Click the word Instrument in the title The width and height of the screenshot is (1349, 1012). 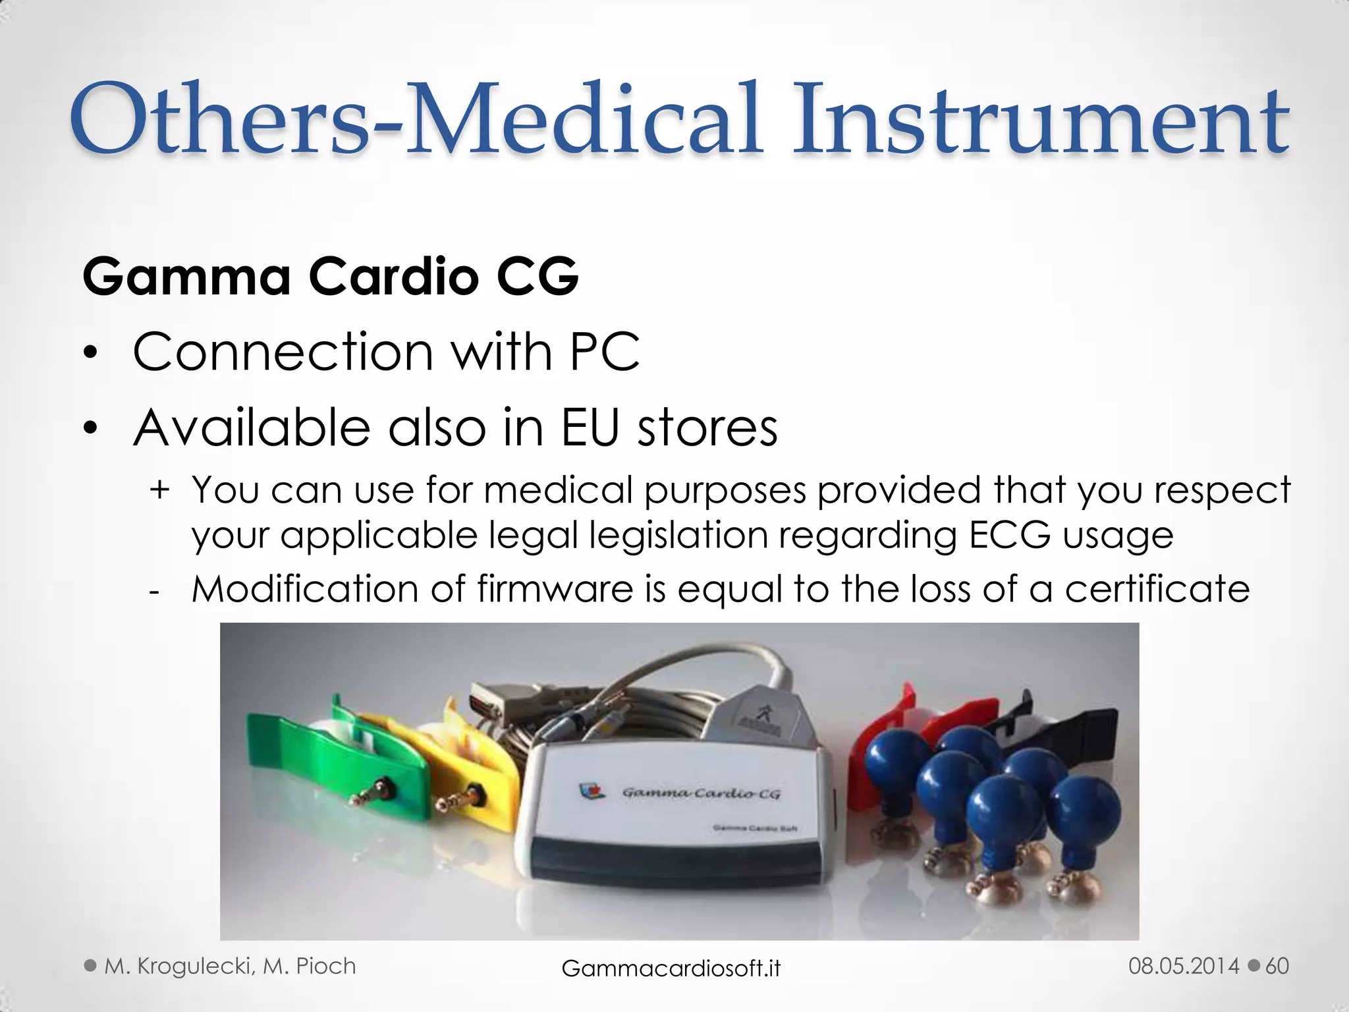[1041, 120]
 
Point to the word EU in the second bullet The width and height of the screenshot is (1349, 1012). [590, 428]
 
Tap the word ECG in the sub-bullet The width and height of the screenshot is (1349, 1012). [1009, 535]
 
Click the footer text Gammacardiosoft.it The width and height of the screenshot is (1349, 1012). [671, 968]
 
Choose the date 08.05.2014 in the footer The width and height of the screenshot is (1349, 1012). [1184, 966]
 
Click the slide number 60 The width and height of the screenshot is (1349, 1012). [1277, 966]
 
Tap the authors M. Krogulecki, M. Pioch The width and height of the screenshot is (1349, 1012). [230, 966]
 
